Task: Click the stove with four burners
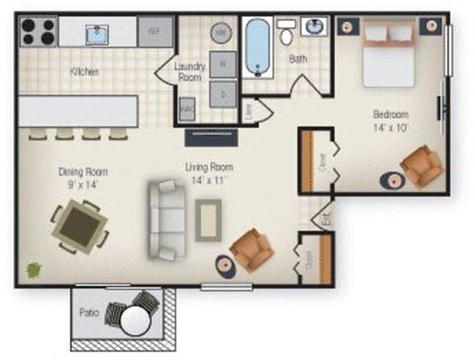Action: [x=38, y=32]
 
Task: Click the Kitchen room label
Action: [x=84, y=72]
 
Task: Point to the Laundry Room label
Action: [x=189, y=70]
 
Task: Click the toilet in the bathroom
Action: [x=287, y=34]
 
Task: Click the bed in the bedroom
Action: [x=391, y=54]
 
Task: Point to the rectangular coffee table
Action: [x=210, y=219]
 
